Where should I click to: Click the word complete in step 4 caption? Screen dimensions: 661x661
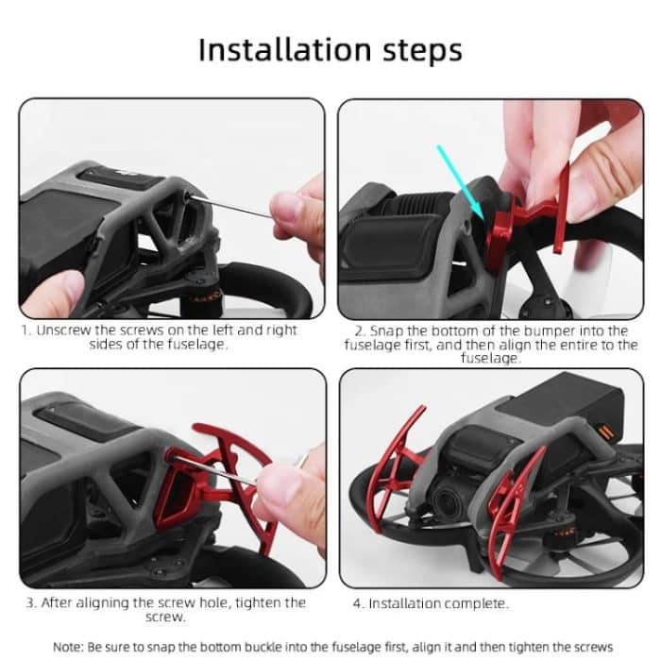pos(474,602)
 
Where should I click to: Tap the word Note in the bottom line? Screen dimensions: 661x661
pos(71,647)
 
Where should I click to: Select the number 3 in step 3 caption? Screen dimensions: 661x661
pos(31,602)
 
